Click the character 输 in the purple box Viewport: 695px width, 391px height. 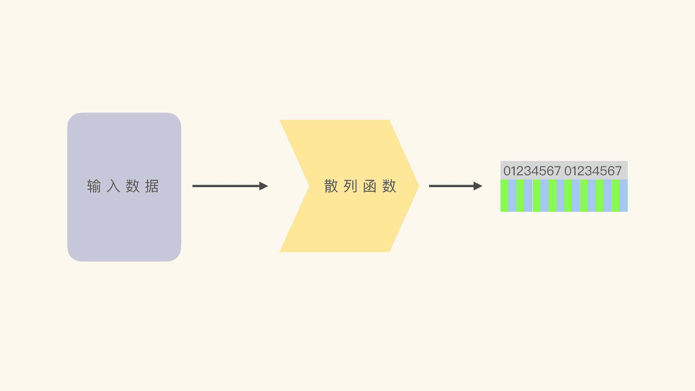point(94,186)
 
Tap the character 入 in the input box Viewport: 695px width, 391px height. point(113,186)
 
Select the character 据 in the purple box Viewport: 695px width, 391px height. point(152,186)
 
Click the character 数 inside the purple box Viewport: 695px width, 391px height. point(133,186)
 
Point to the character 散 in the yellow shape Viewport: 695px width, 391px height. point(331,186)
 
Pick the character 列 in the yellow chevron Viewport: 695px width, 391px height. point(350,186)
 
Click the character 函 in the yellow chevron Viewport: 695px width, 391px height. point(370,186)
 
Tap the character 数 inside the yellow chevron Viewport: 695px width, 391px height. point(389,186)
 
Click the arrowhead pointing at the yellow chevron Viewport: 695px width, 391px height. point(263,186)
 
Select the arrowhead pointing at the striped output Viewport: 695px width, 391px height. point(478,186)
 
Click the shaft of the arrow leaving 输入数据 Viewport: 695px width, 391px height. point(225,186)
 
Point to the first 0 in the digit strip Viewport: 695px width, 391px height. point(507,171)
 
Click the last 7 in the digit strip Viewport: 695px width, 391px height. point(618,171)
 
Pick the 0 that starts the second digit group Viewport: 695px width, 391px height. point(568,171)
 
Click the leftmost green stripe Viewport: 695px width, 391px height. point(504,196)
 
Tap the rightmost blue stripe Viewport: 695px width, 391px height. point(623,196)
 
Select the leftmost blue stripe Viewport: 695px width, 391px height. point(512,196)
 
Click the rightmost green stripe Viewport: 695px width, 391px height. point(616,196)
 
